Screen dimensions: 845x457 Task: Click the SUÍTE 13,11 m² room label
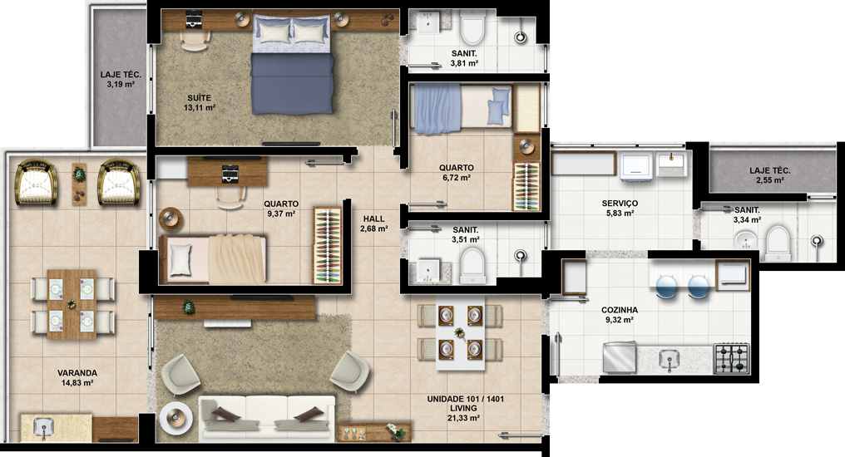[x=200, y=102]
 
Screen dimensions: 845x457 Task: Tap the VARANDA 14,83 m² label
[x=77, y=378]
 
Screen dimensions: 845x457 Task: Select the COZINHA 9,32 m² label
[x=620, y=314]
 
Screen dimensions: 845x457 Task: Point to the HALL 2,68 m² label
[x=374, y=224]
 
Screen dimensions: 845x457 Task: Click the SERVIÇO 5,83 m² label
[x=620, y=208]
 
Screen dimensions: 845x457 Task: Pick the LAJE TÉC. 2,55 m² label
[x=770, y=175]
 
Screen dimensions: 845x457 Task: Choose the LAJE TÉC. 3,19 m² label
[x=121, y=80]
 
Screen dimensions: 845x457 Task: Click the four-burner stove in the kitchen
[x=732, y=358]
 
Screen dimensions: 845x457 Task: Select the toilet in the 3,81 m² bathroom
[x=473, y=31]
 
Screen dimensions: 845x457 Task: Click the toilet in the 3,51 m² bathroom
[x=472, y=265]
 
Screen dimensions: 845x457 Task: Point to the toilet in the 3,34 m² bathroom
[x=778, y=240]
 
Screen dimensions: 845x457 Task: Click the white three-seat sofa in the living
[x=267, y=418]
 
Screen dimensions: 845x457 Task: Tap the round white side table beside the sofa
[x=176, y=417]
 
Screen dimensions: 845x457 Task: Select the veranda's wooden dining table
[x=72, y=304]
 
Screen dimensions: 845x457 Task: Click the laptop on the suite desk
[x=194, y=21]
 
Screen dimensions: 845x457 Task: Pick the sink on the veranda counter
[x=43, y=427]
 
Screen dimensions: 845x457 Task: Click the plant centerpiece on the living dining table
[x=460, y=333]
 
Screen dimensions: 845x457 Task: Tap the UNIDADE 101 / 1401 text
[x=466, y=400]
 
